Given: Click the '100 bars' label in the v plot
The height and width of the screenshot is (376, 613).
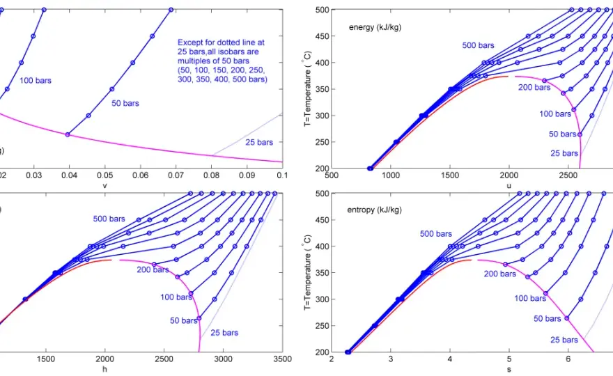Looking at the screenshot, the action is [36, 81].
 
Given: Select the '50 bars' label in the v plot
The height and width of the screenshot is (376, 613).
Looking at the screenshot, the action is [125, 104].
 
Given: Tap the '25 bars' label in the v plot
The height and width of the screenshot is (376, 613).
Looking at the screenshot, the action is [259, 142].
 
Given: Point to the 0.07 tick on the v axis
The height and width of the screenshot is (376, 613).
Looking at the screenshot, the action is [176, 175].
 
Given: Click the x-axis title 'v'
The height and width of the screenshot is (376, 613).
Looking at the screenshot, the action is [104, 186].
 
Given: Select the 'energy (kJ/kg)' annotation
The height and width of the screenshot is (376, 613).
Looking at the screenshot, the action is [375, 27].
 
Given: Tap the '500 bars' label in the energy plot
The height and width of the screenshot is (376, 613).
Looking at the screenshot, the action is [478, 45].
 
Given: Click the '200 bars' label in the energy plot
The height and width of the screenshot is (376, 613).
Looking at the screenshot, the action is [534, 88].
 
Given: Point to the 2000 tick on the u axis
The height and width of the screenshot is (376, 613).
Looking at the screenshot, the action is [509, 175].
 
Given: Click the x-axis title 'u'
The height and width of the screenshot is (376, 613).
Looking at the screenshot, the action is [509, 186].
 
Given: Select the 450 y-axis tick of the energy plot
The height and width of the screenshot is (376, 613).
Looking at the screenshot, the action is [322, 36].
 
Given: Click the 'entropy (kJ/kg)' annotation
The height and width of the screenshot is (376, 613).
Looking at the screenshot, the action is [374, 210].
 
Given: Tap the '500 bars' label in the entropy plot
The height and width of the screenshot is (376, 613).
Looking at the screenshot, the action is [436, 234].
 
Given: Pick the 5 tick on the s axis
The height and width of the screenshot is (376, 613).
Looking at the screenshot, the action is [509, 359].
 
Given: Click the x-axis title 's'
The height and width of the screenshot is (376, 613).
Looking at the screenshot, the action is [509, 369].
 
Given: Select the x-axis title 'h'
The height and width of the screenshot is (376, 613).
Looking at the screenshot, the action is [104, 369].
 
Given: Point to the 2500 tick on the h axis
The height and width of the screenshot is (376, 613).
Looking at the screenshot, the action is [164, 359].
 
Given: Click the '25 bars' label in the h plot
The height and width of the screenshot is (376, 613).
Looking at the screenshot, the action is [224, 333].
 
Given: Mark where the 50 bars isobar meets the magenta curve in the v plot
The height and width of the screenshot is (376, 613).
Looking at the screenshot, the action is [68, 135].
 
